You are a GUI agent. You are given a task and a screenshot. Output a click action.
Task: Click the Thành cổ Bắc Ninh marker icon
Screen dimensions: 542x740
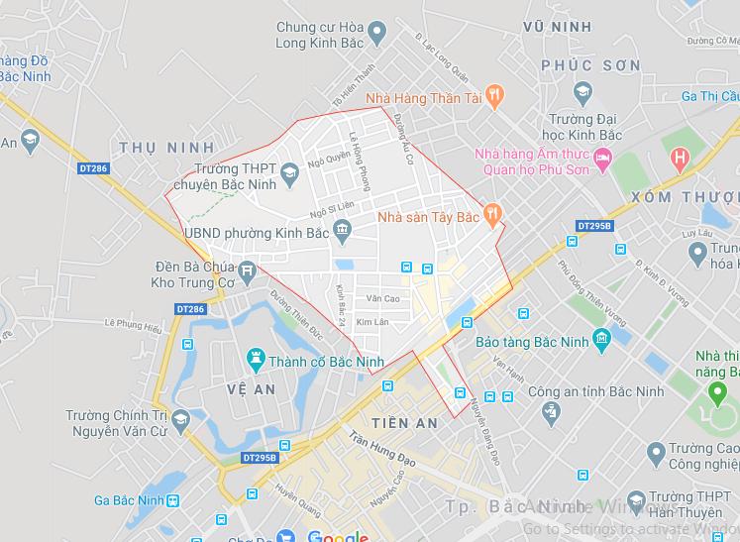click(258, 356)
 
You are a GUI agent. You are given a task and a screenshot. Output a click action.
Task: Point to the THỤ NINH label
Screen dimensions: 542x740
click(166, 148)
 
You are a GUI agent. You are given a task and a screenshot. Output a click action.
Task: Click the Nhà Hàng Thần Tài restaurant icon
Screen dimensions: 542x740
click(495, 96)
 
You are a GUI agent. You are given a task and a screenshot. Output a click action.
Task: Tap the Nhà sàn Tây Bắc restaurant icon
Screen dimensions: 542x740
click(493, 213)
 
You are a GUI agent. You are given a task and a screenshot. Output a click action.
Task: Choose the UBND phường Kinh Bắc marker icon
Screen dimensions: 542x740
click(342, 233)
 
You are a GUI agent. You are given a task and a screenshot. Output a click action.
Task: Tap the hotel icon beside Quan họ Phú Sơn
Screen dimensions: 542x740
click(603, 157)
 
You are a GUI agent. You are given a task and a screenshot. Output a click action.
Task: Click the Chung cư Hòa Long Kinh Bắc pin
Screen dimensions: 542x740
click(375, 35)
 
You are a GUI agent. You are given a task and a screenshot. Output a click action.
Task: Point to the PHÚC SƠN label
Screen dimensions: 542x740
click(590, 65)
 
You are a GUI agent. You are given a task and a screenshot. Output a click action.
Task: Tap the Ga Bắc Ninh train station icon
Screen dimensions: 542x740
click(173, 500)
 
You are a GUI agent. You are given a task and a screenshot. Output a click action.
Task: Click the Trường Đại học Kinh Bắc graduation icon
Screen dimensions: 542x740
click(582, 94)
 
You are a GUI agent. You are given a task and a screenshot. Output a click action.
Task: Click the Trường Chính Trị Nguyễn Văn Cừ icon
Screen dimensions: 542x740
click(181, 423)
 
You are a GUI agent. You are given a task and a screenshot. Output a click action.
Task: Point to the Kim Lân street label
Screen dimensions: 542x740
click(372, 322)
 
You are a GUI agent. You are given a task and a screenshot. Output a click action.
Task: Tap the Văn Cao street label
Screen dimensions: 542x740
click(382, 298)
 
